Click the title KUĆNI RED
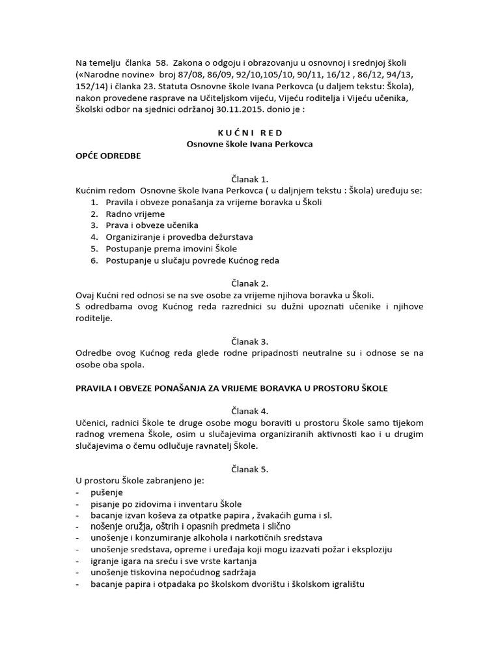(x=249, y=133)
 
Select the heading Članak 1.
(x=249, y=179)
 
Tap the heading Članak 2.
(x=249, y=283)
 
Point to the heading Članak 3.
(x=249, y=341)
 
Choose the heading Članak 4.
(x=249, y=411)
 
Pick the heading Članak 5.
(x=249, y=469)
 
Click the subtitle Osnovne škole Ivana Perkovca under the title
(x=249, y=145)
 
